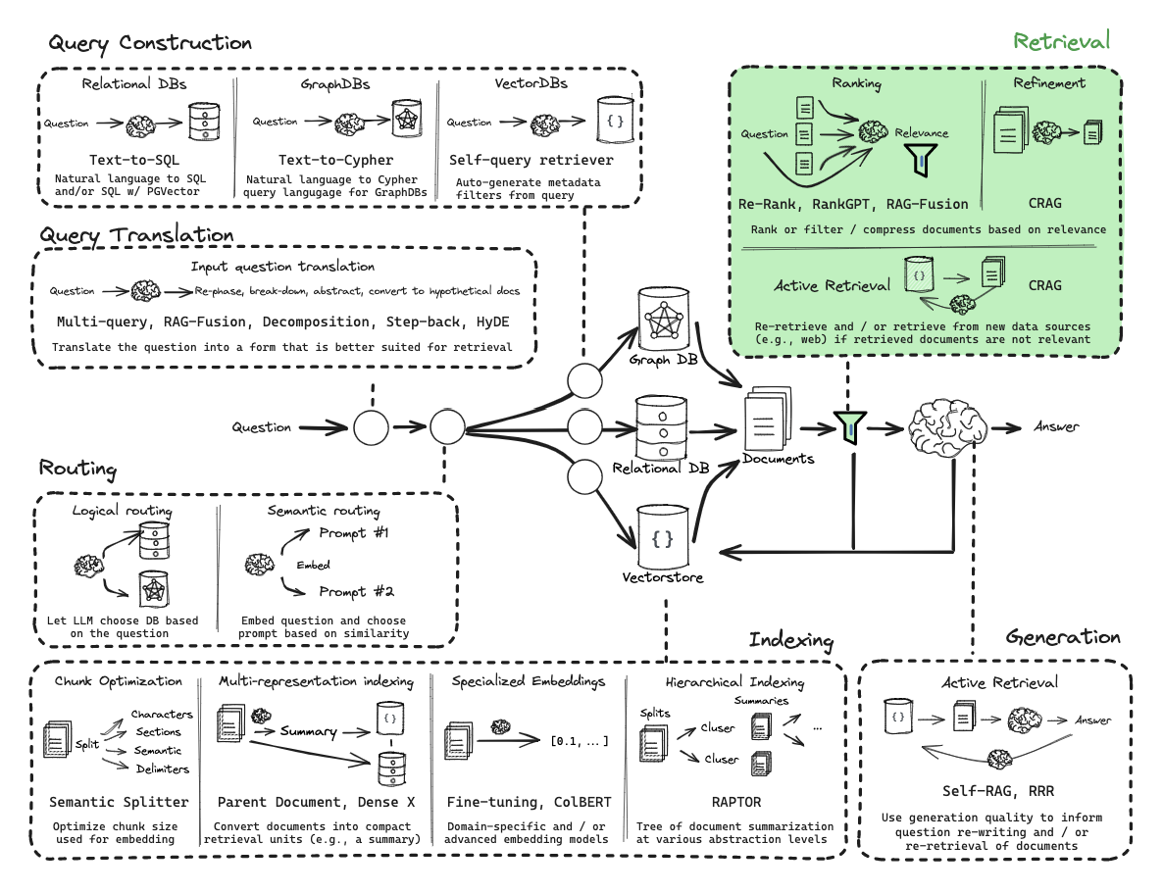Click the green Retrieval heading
point(1061,40)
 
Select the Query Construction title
point(150,43)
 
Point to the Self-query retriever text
point(531,159)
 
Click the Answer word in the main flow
point(1056,426)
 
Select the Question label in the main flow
point(261,427)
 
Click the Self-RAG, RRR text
point(995,790)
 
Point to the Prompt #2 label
point(356,591)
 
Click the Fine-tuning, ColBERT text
point(528,802)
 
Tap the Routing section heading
point(78,469)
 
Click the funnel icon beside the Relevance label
point(919,160)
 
